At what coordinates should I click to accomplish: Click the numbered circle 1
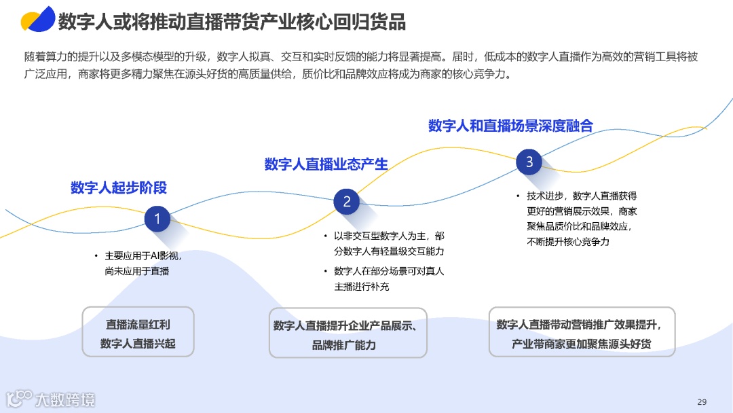(157, 219)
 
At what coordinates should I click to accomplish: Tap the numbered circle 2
(347, 202)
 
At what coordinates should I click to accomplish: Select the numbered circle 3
(529, 162)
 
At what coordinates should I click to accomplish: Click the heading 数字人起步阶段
(119, 188)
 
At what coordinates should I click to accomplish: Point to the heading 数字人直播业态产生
(326, 164)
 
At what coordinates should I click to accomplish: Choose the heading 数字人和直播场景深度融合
(510, 126)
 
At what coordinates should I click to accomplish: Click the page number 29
(702, 400)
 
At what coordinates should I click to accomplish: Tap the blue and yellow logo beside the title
(37, 20)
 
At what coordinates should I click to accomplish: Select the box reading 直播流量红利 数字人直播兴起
(138, 332)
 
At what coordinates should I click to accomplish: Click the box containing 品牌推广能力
(348, 333)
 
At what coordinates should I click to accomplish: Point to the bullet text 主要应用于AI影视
(143, 256)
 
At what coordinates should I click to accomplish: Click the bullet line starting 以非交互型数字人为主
(389, 236)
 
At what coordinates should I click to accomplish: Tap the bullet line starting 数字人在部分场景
(389, 271)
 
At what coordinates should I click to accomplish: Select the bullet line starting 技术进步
(581, 196)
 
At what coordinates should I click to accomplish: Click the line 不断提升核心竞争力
(568, 241)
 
